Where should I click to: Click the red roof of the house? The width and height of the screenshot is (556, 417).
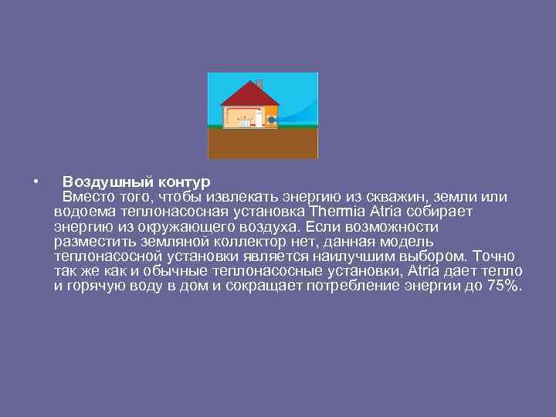[249, 94]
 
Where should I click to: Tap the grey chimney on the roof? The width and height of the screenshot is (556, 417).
[259, 83]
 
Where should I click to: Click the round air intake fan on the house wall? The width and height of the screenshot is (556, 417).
[272, 120]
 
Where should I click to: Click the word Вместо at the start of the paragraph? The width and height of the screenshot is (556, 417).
[89, 198]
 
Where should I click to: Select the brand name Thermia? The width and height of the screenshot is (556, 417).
[336, 212]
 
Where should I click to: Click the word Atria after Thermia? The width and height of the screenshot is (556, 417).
[386, 212]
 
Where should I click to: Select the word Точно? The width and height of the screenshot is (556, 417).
[494, 256]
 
